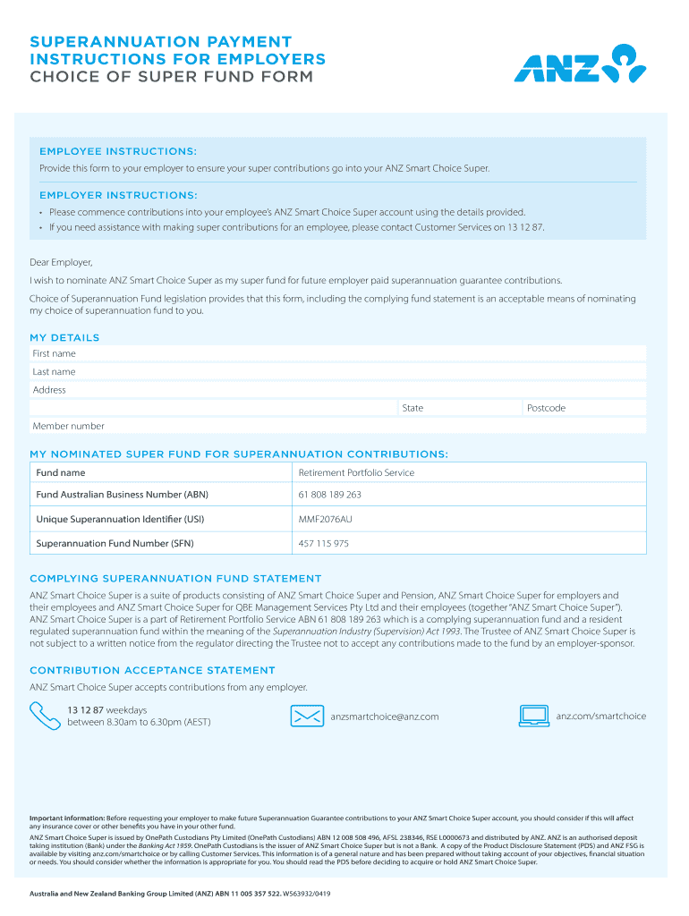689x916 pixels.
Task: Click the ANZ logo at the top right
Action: (579, 64)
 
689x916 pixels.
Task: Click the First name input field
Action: (358, 354)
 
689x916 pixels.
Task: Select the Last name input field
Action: (358, 372)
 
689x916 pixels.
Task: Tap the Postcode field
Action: (585, 408)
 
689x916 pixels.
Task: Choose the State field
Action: (460, 408)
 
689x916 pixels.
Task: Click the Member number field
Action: (358, 426)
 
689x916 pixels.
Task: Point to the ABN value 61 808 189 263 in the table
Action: (330, 495)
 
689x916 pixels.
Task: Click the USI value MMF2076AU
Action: (326, 519)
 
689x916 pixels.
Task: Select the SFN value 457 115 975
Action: (324, 543)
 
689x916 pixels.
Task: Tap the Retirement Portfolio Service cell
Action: (356, 472)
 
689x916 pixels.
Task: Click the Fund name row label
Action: (61, 472)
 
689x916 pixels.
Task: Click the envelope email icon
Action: (307, 716)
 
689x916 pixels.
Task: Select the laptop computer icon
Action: (534, 716)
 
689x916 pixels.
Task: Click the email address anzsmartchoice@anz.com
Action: (385, 717)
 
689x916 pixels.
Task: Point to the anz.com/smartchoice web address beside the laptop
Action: (600, 716)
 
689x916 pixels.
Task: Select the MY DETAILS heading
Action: (64, 337)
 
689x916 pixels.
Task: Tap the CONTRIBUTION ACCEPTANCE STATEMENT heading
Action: (152, 670)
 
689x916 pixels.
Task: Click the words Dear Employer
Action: (61, 262)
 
